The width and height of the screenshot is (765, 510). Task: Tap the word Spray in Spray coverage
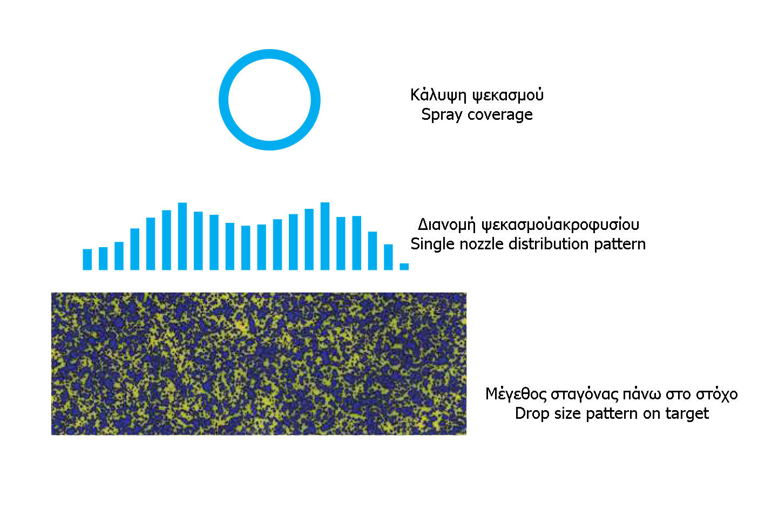(x=442, y=115)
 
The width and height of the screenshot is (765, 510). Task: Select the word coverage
(x=500, y=115)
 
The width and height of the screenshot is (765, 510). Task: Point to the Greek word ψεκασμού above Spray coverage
(x=508, y=95)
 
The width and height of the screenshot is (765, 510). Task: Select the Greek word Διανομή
(x=446, y=225)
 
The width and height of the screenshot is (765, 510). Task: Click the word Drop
(x=532, y=414)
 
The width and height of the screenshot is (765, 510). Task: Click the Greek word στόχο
(x=717, y=395)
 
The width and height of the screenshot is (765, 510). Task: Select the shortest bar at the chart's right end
(x=404, y=267)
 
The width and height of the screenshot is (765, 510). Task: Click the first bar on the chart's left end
(x=87, y=260)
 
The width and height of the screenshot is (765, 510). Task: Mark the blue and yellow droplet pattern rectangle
(x=259, y=364)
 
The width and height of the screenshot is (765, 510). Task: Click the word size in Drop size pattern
(x=567, y=414)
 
